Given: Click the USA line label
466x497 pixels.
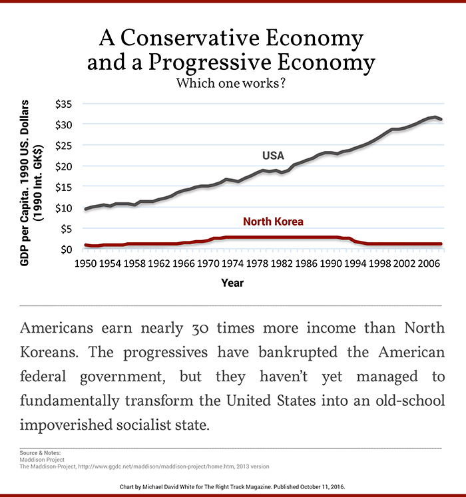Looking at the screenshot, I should [272, 156].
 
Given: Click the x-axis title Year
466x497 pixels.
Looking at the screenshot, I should [232, 283].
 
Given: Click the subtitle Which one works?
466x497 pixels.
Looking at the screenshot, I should [233, 84].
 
